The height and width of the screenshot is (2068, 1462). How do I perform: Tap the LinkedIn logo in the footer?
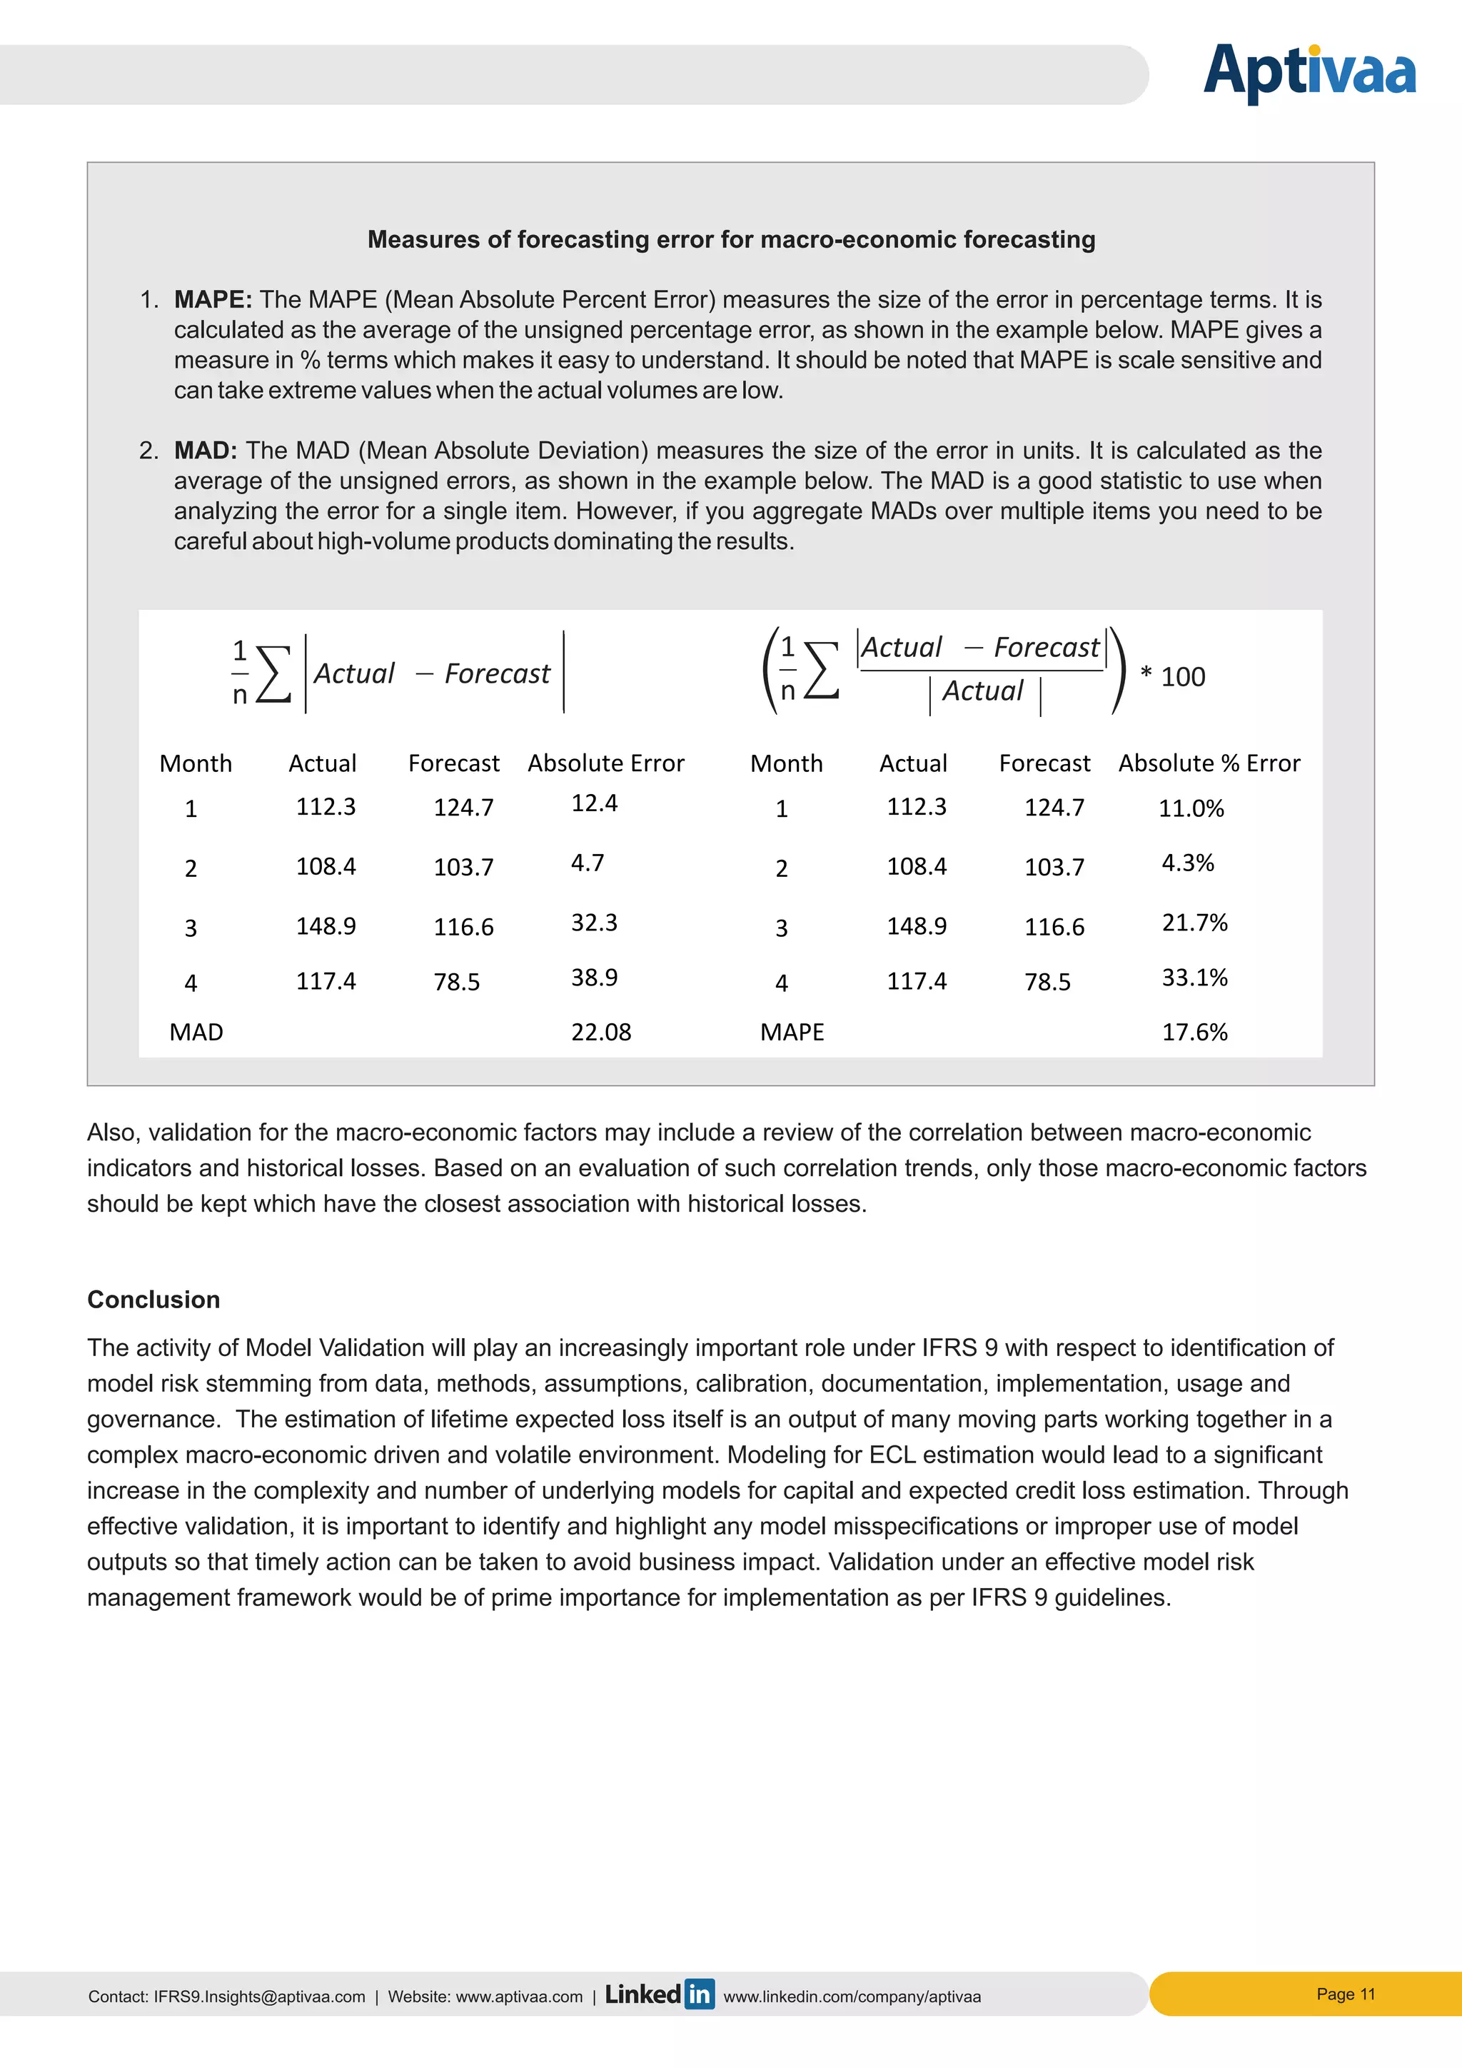pos(659,1994)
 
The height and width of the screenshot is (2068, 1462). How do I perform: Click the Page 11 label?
pos(1345,1993)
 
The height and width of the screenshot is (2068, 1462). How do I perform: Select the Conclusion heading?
pos(154,1299)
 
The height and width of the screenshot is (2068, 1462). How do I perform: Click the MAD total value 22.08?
pos(600,1032)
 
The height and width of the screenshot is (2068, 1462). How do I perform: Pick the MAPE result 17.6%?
pos(1194,1032)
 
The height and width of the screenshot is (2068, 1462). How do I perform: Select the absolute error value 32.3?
pos(594,923)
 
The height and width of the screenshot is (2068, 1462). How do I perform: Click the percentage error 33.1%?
pos(1194,978)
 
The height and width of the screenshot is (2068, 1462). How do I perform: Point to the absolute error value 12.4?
pos(594,803)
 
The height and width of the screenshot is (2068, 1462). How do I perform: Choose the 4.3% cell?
pos(1187,863)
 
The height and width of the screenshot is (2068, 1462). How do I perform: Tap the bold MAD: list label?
pos(206,451)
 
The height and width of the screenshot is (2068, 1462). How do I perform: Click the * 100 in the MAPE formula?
pos(1172,676)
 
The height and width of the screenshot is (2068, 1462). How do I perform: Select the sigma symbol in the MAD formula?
pos(273,673)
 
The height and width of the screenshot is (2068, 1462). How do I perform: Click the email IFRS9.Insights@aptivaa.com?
pos(259,1996)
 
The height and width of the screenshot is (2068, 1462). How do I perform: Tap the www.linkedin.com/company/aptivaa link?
pos(852,1996)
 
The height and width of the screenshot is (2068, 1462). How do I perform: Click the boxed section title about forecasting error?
pos(731,240)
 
